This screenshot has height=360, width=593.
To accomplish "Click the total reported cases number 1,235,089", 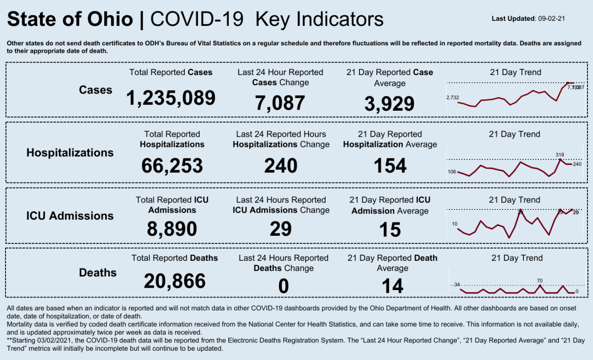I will [171, 98].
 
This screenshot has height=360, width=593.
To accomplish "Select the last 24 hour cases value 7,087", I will [280, 103].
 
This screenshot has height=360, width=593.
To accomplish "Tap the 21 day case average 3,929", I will [390, 104].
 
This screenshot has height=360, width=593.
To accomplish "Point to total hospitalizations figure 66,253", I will [172, 165].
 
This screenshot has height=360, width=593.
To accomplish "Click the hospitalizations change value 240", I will [281, 165].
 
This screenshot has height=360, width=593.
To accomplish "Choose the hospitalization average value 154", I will [390, 165].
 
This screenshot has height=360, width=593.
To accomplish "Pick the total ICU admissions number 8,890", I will [172, 229].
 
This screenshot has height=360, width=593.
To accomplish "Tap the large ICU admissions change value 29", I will [281, 229].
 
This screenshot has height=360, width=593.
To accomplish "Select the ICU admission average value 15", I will [390, 230].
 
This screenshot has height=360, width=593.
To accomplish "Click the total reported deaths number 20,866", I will [175, 281].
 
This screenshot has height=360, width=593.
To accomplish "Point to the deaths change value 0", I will [283, 286].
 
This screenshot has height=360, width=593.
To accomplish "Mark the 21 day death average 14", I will [392, 286].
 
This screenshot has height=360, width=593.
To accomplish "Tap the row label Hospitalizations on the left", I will [70, 152].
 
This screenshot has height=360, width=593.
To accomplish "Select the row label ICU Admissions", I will [70, 215].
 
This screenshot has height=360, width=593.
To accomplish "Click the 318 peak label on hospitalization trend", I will [560, 155].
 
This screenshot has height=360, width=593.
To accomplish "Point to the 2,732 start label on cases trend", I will [452, 97].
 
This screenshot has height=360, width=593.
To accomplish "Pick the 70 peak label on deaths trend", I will [540, 280].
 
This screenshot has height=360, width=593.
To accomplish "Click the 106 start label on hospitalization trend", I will [452, 172].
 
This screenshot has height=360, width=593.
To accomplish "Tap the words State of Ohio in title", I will [70, 19].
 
